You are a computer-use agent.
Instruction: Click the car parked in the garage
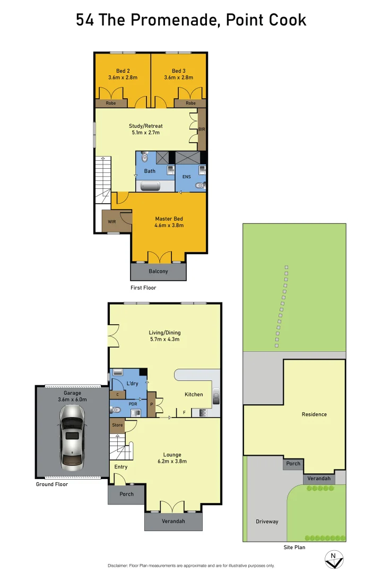[72, 437]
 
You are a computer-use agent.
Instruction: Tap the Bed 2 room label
[123, 71]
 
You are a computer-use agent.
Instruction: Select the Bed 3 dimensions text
[179, 77]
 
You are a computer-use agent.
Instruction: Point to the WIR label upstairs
[112, 221]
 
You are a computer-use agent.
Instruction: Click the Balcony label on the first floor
[158, 271]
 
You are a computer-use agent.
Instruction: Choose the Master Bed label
[169, 219]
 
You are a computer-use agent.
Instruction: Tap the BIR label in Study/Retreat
[202, 129]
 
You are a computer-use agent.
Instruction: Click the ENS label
[187, 177]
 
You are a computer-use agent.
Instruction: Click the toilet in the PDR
[116, 410]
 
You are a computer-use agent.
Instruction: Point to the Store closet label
[117, 425]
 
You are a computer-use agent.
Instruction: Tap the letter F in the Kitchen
[184, 412]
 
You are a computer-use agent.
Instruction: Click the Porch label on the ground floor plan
[126, 494]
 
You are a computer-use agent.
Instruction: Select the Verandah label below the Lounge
[173, 522]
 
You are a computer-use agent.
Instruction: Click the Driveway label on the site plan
[267, 522]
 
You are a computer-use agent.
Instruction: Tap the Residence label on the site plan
[314, 414]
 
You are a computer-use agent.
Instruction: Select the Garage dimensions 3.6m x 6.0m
[72, 400]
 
